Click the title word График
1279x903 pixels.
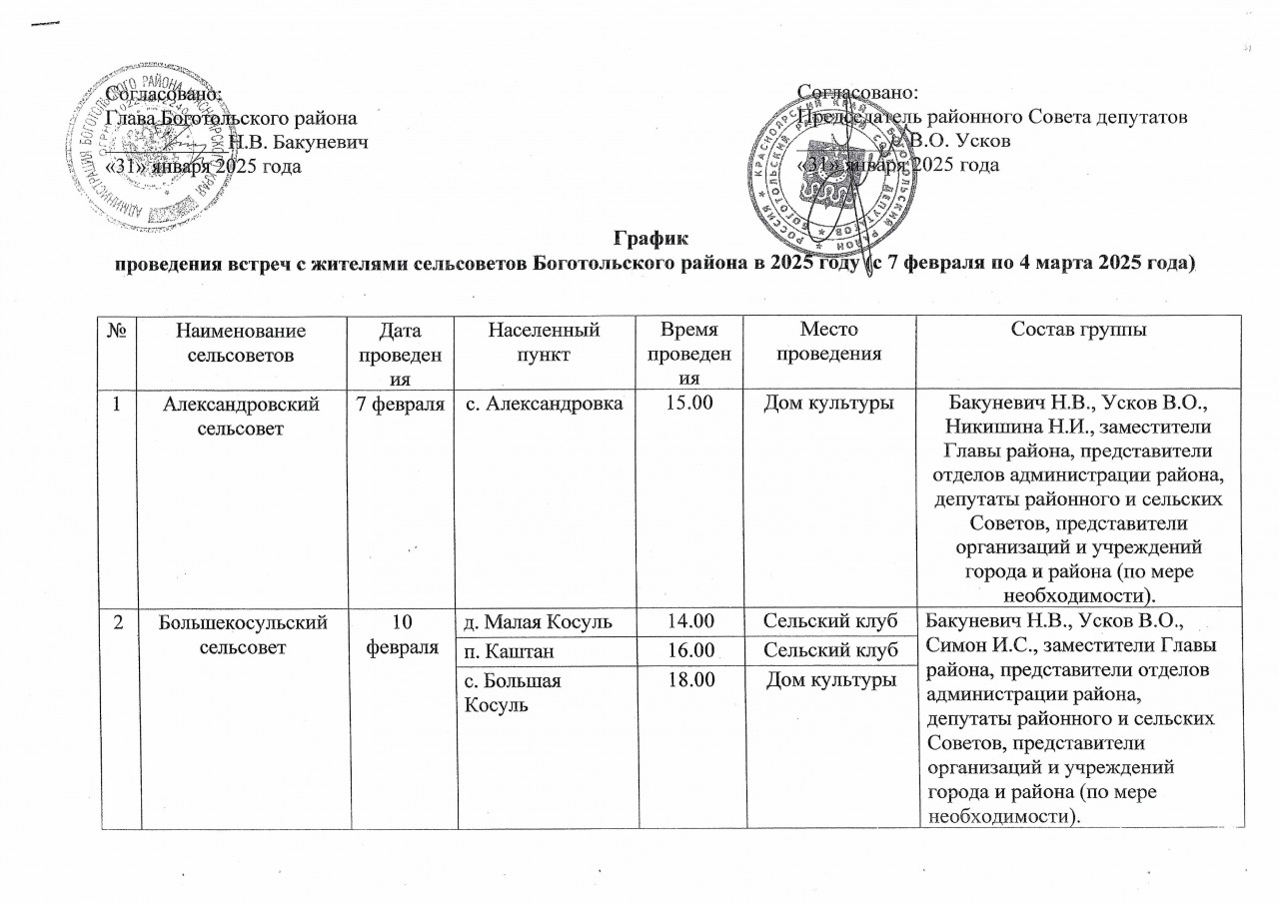(650, 240)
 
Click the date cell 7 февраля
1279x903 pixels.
(395, 405)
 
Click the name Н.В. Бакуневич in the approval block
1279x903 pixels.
(299, 142)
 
